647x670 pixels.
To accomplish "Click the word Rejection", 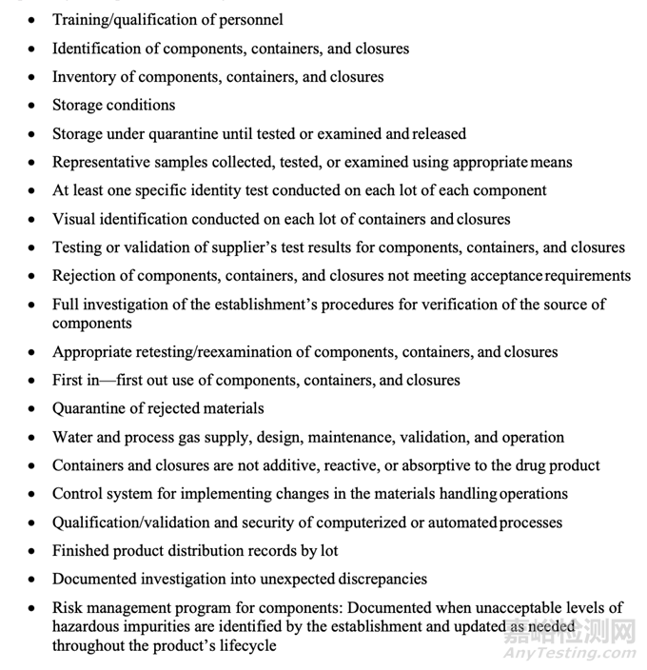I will click(85, 276).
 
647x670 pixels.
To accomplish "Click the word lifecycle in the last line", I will click(245, 646).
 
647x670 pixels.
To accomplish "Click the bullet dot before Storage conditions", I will click(32, 106).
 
